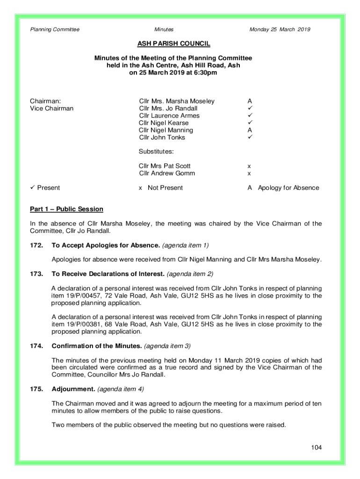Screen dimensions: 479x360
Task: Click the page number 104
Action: click(317, 448)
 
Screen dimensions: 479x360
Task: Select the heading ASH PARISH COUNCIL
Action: click(173, 44)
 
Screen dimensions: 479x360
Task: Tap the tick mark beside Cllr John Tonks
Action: click(250, 138)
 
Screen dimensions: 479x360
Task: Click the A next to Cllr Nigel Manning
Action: click(250, 130)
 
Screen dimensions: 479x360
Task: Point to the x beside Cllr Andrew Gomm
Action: click(249, 174)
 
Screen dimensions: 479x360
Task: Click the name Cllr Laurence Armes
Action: click(169, 116)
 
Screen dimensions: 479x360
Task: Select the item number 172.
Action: click(37, 245)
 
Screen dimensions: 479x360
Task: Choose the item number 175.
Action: click(37, 389)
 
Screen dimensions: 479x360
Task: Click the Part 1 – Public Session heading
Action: click(67, 209)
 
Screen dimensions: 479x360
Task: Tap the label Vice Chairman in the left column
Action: click(52, 109)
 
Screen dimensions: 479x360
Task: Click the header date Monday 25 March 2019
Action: click(280, 29)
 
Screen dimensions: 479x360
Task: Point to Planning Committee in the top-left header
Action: click(55, 29)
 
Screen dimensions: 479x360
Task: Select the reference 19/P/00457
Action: click(83, 296)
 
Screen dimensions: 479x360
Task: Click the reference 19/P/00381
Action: click(83, 324)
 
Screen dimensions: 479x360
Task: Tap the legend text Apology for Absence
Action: click(288, 188)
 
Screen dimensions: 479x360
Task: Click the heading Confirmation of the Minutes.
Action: click(97, 346)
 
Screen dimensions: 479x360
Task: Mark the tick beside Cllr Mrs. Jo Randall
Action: click(250, 109)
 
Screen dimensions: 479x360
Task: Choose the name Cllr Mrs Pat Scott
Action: click(165, 166)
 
